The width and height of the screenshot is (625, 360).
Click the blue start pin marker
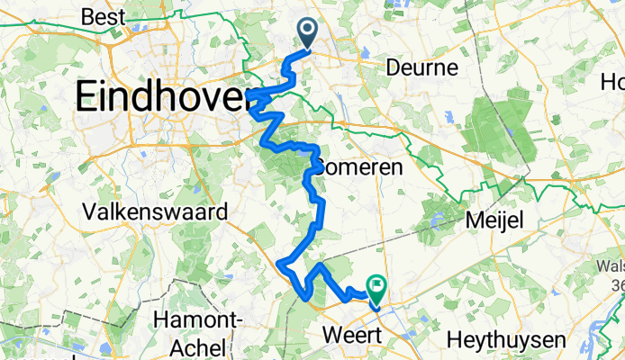(x=307, y=33)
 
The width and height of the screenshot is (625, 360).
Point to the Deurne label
(x=422, y=68)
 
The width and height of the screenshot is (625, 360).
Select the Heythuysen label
(x=506, y=341)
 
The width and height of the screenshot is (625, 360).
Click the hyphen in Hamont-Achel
(x=237, y=320)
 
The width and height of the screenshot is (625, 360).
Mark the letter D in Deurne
(x=392, y=68)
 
